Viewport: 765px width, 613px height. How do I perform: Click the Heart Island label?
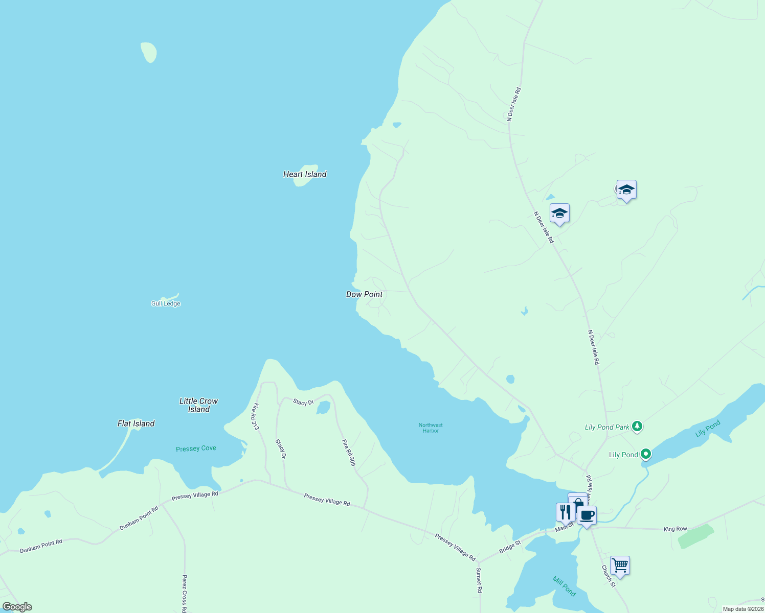tap(305, 174)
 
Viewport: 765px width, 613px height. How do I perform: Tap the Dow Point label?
tap(364, 294)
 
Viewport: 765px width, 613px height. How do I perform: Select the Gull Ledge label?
tap(166, 303)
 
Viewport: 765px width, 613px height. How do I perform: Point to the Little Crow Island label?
tap(198, 405)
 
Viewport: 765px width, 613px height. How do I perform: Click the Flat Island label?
tap(136, 423)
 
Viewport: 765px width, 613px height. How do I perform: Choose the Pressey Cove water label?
tap(196, 449)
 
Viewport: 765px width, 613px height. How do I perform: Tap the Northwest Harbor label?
tap(431, 428)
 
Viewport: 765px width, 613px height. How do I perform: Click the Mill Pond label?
tap(564, 586)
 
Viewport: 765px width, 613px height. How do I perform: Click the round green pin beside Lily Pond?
tap(646, 454)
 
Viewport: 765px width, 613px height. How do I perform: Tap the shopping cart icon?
tap(620, 565)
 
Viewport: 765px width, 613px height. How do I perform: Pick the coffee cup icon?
tap(587, 515)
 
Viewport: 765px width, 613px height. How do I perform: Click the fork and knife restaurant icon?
tap(565, 512)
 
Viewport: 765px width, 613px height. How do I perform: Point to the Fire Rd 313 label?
tap(255, 417)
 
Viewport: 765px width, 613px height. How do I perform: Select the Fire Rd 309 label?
tap(349, 453)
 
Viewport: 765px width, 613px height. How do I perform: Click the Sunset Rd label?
tap(479, 580)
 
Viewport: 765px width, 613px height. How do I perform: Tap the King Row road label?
tap(675, 529)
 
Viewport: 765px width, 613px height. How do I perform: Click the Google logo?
tap(17, 607)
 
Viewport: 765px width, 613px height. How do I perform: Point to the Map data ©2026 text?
tap(743, 609)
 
